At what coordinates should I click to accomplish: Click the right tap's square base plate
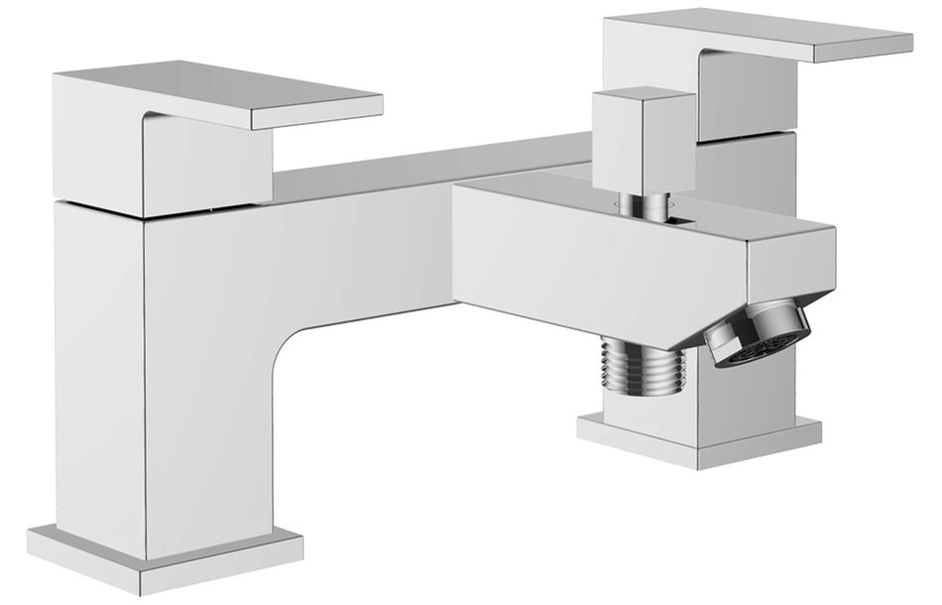click(699, 436)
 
